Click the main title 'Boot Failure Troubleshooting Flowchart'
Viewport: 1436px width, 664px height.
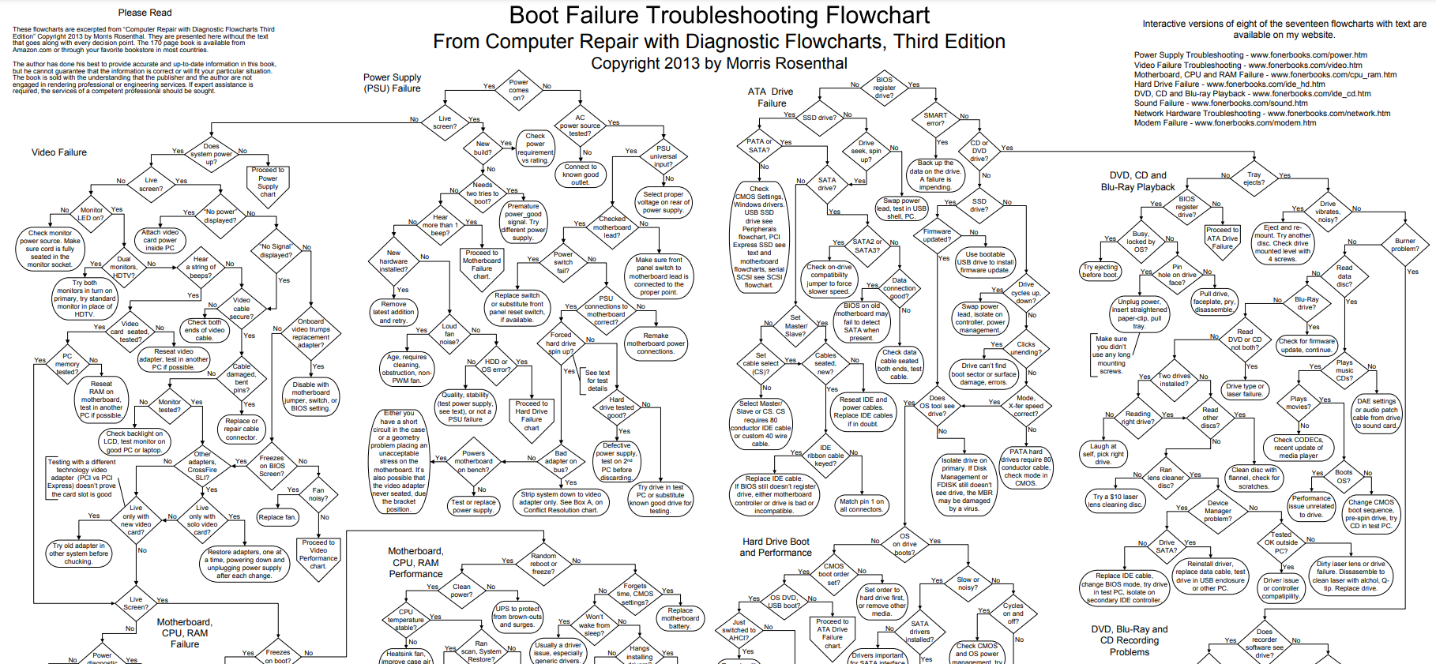tap(719, 16)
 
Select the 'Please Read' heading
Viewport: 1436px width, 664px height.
tap(145, 13)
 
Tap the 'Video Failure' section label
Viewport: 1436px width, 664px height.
tap(59, 152)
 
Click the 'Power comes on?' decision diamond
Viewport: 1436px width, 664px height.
tap(518, 90)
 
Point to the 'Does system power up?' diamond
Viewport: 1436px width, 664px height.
tap(211, 154)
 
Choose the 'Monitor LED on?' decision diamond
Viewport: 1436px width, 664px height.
tap(91, 214)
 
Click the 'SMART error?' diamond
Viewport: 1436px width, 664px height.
tap(935, 119)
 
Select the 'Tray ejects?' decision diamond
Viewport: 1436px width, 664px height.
tap(1254, 178)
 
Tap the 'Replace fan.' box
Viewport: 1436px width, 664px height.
tap(276, 517)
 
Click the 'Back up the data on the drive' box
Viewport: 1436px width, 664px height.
tap(934, 175)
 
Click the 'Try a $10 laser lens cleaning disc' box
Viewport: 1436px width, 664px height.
tap(1115, 501)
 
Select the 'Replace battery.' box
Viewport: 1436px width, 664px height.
tap(679, 617)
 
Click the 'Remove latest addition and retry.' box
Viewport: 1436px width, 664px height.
tap(393, 312)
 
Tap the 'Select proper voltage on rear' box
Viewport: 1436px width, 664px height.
tap(663, 202)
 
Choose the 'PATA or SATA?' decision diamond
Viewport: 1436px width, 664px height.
tap(758, 146)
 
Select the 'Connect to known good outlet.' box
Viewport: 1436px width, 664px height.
tap(581, 174)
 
